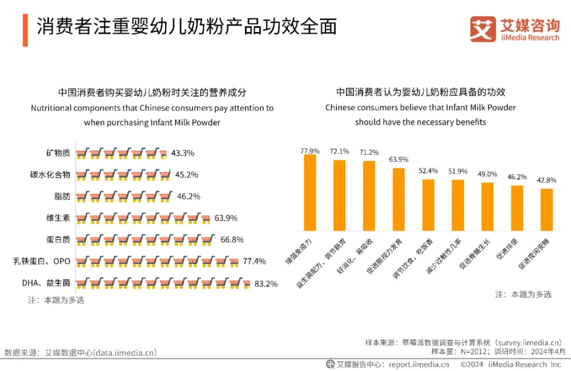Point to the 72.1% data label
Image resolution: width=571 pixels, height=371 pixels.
pyautogui.click(x=339, y=152)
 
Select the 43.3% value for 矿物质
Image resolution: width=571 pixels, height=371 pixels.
pyautogui.click(x=183, y=153)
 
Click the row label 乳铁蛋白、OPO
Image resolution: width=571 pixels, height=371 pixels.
pyautogui.click(x=42, y=261)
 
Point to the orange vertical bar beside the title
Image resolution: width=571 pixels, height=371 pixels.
pyautogui.click(x=25, y=29)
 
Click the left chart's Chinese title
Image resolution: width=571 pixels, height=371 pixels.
pyautogui.click(x=152, y=92)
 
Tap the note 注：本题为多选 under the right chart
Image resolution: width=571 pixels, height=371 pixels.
pyautogui.click(x=523, y=295)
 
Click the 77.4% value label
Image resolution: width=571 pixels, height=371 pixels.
pyautogui.click(x=254, y=261)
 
